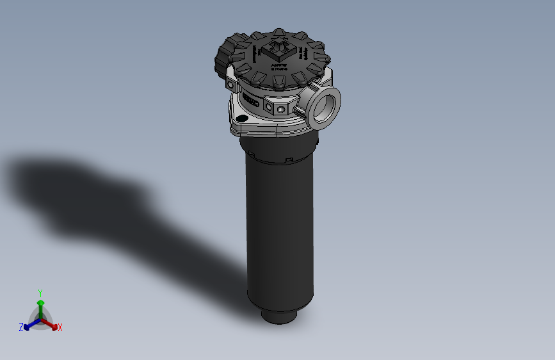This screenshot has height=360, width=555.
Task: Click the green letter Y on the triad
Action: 40,293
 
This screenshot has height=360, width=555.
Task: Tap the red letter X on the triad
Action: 60,328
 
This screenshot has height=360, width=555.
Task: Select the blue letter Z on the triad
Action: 21,327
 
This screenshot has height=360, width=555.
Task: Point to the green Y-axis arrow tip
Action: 40,302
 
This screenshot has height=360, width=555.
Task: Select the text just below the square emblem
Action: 279,67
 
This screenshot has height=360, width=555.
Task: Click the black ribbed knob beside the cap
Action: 224,56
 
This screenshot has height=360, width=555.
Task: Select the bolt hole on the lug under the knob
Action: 231,85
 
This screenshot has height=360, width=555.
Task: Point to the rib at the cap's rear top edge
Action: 279,32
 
